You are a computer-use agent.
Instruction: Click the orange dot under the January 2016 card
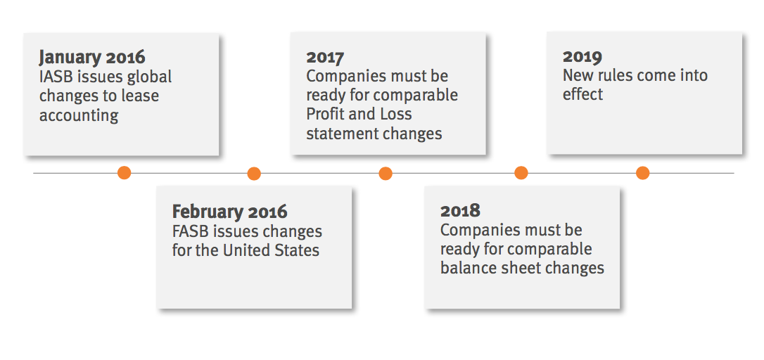click(125, 172)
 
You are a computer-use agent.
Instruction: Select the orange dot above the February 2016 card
click(254, 174)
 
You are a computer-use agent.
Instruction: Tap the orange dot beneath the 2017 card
click(386, 174)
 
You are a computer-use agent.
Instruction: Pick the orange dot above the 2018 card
click(521, 172)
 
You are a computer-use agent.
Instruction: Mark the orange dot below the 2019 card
click(643, 172)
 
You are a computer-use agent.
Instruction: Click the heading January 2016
click(92, 57)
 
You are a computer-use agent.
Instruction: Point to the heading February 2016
click(229, 212)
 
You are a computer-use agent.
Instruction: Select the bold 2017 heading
click(325, 58)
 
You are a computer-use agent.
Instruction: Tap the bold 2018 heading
click(460, 211)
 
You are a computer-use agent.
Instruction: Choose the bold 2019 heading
click(582, 56)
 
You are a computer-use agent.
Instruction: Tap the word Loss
click(397, 114)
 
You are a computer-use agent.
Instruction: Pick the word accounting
click(79, 116)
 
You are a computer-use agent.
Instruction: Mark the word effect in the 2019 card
click(582, 94)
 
